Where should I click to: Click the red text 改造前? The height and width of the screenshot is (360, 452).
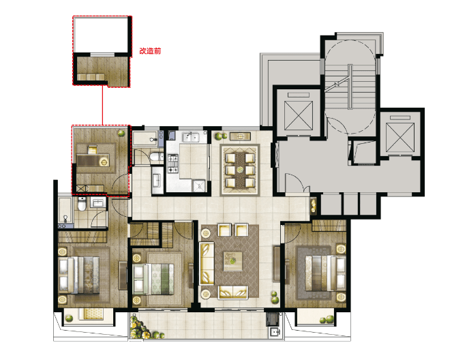[x=150, y=51]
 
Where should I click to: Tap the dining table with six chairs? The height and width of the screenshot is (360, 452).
[x=240, y=170]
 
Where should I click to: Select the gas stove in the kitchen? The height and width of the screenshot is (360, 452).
[x=173, y=164]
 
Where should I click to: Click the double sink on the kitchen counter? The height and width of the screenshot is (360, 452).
[x=192, y=137]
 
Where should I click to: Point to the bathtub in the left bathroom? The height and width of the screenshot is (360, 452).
[x=65, y=211]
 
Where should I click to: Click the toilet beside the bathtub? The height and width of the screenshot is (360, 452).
[x=82, y=204]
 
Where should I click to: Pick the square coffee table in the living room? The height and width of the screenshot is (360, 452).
[x=233, y=261]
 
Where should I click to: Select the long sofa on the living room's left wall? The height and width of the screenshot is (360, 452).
[x=207, y=263]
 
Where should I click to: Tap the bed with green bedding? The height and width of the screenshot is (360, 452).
[x=153, y=279]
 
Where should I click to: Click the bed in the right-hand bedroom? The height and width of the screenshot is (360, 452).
[x=326, y=273]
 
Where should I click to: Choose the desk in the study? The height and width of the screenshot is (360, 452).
[x=93, y=160]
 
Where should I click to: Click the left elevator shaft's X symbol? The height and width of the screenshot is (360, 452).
[x=299, y=116]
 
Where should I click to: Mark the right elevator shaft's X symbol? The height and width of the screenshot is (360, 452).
[x=400, y=137]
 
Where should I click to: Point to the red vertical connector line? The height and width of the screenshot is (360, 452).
[x=102, y=105]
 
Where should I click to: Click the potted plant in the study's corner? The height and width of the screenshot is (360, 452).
[x=121, y=133]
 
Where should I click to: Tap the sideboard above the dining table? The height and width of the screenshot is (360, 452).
[x=240, y=136]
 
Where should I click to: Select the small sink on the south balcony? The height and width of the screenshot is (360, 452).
[x=275, y=332]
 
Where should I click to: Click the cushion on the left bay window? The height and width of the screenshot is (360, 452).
[x=93, y=314]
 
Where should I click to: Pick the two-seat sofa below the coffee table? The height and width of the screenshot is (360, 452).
[x=233, y=292]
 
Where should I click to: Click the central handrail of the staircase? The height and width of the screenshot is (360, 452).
[x=350, y=87]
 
